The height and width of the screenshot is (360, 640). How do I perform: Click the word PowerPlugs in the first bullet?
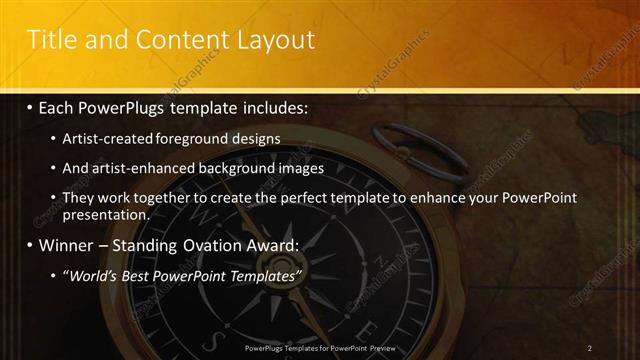coord(131,107)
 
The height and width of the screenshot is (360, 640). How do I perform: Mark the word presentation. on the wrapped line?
coord(106,214)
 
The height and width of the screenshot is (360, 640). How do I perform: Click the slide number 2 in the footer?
coord(590,348)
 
